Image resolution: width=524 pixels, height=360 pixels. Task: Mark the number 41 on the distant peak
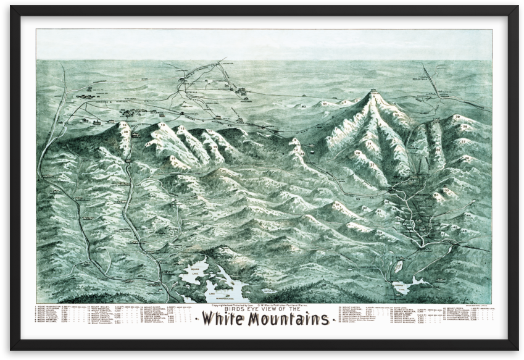[325, 104]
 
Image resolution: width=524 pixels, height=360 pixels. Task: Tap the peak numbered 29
[457, 117]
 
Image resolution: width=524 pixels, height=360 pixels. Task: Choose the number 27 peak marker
[463, 141]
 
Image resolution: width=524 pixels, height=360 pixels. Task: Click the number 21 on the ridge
[369, 144]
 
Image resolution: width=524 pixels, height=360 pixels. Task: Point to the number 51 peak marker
[338, 204]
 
